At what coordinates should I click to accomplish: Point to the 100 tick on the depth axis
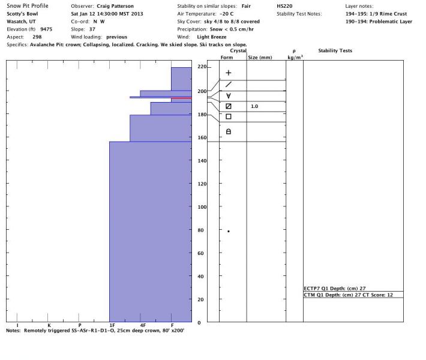[x=202, y=207]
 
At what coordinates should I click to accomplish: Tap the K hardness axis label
[x=49, y=325]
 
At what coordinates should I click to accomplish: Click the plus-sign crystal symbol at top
[x=228, y=73]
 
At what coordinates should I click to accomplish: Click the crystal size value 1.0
[x=254, y=106]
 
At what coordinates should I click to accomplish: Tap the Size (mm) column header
[x=260, y=58]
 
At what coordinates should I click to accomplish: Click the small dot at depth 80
[x=229, y=231]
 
